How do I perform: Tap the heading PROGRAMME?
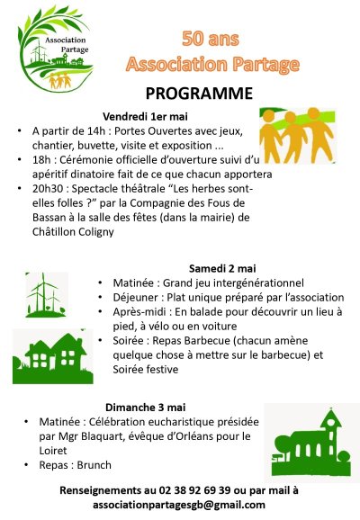[199, 93]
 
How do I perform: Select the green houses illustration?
[50, 356]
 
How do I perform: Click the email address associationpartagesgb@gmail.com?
[179, 506]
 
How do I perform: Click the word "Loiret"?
[57, 451]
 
